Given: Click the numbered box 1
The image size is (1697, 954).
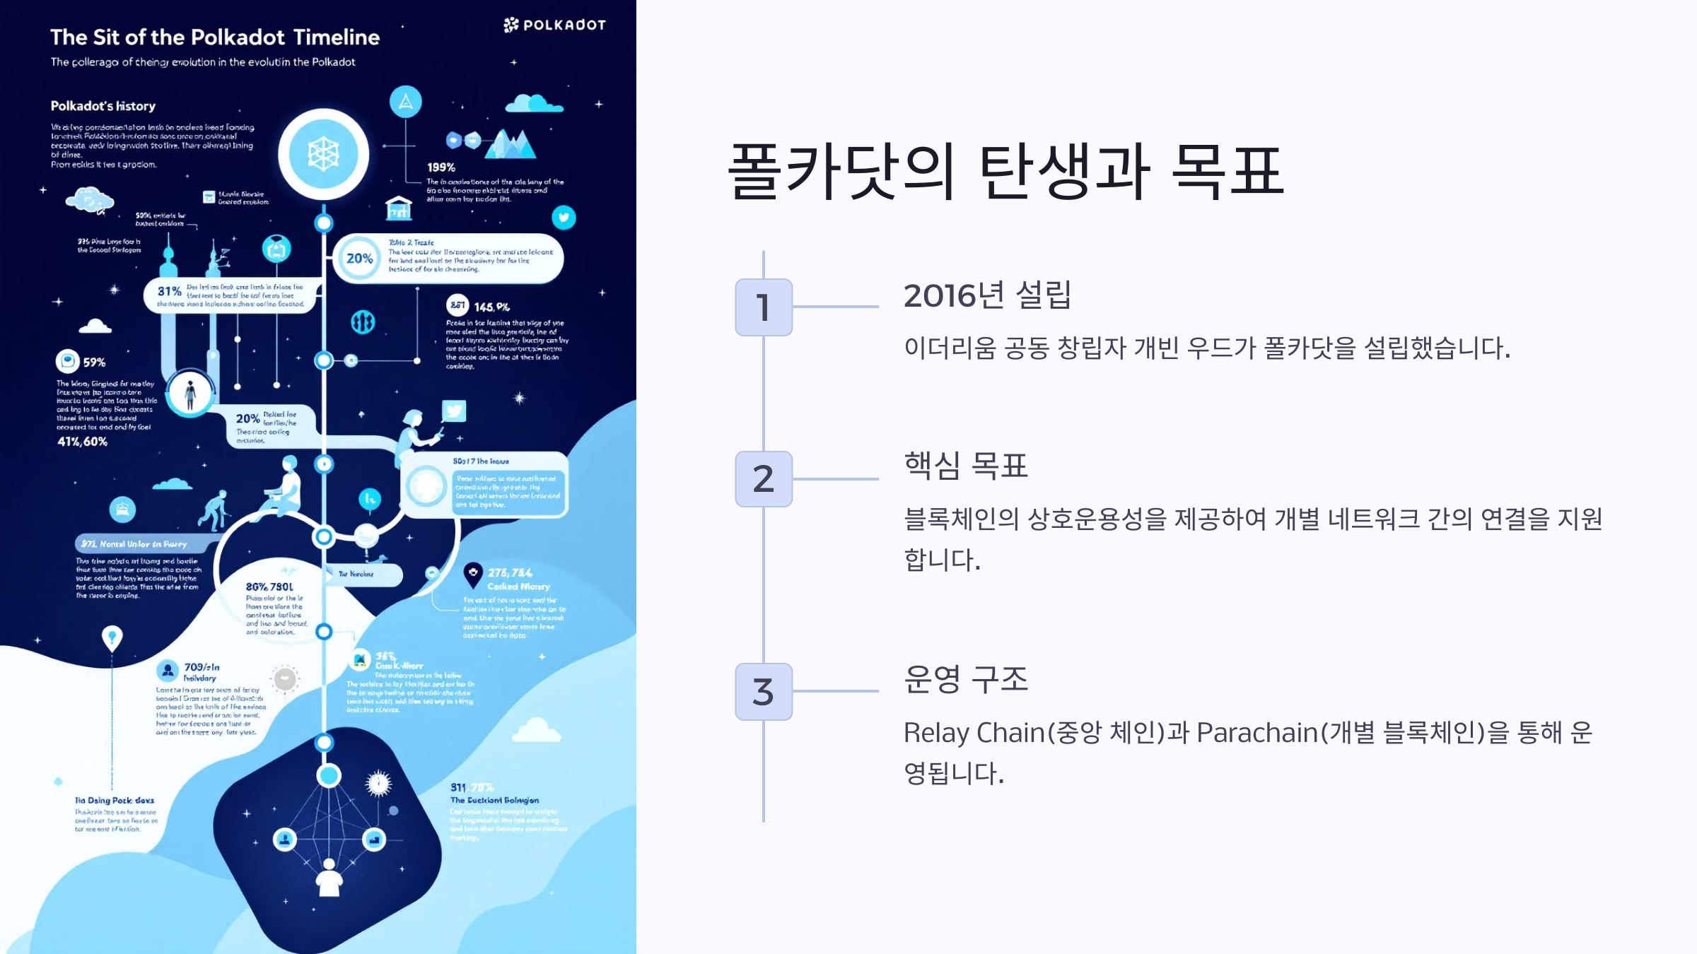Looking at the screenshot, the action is pos(764,307).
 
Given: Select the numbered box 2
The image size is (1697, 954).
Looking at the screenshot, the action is pos(764,479).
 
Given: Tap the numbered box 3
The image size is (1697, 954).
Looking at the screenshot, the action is pos(764,692).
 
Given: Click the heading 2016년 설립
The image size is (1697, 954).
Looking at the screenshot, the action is pos(987,295).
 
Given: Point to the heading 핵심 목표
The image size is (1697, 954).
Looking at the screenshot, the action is pos(966,466).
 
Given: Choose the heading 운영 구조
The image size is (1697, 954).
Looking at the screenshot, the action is pos(966,679).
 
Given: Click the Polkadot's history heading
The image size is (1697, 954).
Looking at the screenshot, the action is pos(103,106).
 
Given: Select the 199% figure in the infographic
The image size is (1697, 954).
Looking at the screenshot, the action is pos(441,167).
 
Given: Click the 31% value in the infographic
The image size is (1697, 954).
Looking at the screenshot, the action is pos(170,291).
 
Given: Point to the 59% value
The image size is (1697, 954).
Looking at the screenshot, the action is pos(94,363).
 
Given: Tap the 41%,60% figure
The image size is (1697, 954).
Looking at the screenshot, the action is pos(83,442).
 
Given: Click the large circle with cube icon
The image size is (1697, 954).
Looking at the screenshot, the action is pos(324,154).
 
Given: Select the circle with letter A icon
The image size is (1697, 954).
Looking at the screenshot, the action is pos(406,102).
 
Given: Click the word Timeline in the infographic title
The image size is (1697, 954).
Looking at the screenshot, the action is pos(337,37).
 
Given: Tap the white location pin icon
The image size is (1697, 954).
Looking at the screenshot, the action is pos(112,638).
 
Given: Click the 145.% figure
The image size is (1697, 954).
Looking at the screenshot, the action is pos(491,307).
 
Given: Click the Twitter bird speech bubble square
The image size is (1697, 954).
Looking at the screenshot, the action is pos(454,411).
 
